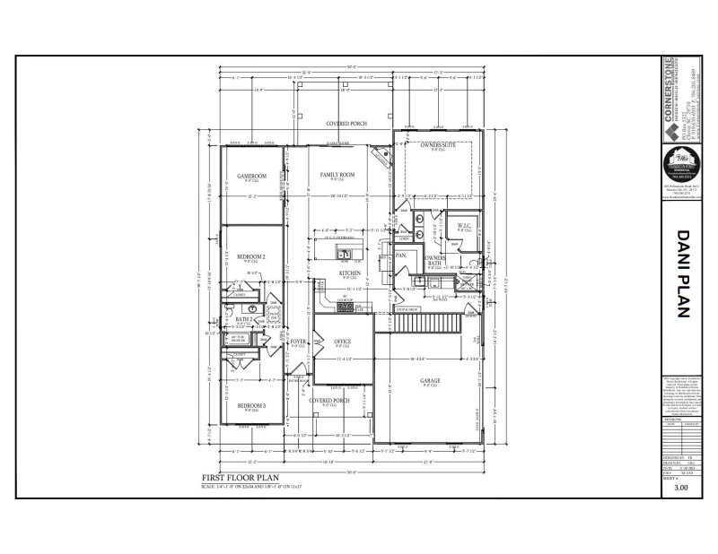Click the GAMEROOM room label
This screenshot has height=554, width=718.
tap(251, 175)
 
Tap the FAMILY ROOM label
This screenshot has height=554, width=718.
tap(337, 174)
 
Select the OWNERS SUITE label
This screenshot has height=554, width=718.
tap(438, 144)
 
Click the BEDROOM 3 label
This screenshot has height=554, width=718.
tap(252, 406)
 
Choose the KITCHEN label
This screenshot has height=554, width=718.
tap(350, 272)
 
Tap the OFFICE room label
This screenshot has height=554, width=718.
tap(343, 342)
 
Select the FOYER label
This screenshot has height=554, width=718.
tap(299, 342)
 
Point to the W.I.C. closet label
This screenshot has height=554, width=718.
tap(464, 225)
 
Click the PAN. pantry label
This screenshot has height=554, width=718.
tap(402, 255)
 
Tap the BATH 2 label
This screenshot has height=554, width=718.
tap(243, 318)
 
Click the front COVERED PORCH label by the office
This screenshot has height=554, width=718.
tap(328, 401)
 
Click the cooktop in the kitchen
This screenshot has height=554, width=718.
tap(345, 307)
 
